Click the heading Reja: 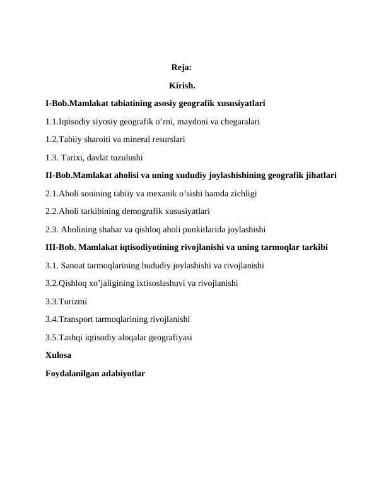click(x=182, y=67)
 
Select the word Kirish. click(x=182, y=85)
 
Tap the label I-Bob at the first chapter click(x=56, y=102)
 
